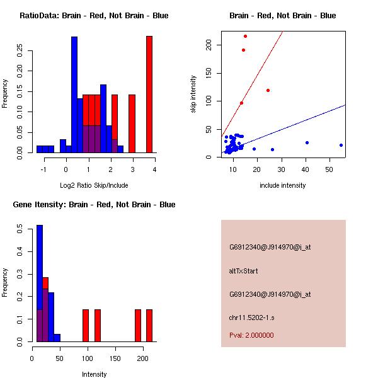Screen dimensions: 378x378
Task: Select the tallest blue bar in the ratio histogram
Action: click(74, 94)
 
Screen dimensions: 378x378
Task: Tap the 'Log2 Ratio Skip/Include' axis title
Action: click(94, 185)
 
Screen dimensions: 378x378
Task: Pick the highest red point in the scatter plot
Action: click(245, 36)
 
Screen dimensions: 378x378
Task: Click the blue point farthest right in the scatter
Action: click(341, 145)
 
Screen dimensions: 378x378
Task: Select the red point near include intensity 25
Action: click(268, 90)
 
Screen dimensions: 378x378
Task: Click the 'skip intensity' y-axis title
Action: click(194, 94)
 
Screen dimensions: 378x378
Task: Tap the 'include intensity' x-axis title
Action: click(283, 185)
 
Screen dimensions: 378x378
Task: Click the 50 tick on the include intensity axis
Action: click(329, 169)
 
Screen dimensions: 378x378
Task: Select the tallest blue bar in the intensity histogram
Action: click(40, 283)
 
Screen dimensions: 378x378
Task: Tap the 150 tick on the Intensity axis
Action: click(115, 358)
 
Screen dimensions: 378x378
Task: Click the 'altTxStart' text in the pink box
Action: click(244, 271)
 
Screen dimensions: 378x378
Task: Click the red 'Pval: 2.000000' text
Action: click(251, 335)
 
